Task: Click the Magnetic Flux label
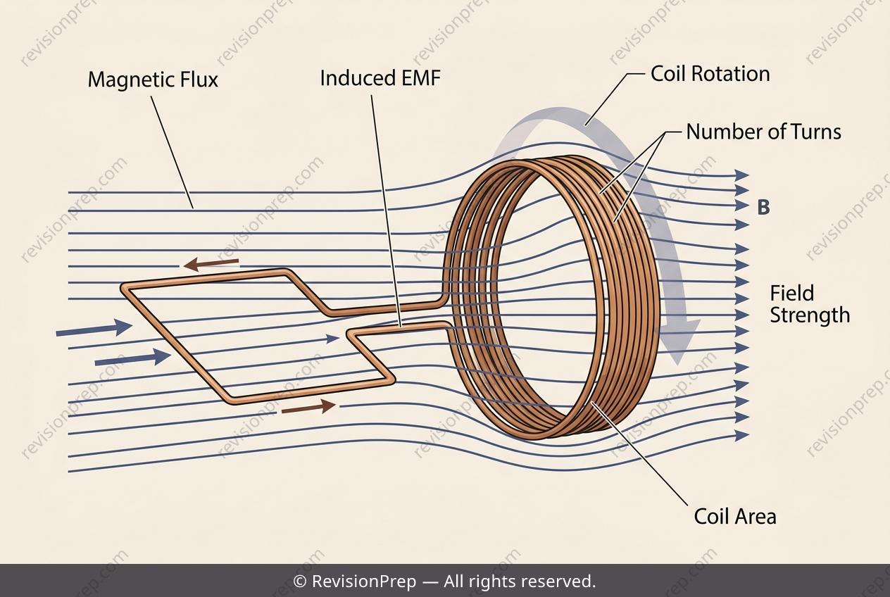pyautogui.click(x=153, y=80)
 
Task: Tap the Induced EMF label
pyautogui.click(x=380, y=78)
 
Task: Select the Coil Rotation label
pyautogui.click(x=710, y=74)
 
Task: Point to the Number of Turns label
pyautogui.click(x=764, y=132)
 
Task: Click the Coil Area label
pyautogui.click(x=735, y=517)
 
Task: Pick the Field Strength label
pyautogui.click(x=810, y=304)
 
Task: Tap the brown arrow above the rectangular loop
pyautogui.click(x=211, y=263)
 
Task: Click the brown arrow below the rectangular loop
pyautogui.click(x=308, y=407)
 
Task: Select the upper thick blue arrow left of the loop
pyautogui.click(x=94, y=329)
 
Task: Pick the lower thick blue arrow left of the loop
pyautogui.click(x=132, y=358)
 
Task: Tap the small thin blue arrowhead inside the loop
pyautogui.click(x=333, y=339)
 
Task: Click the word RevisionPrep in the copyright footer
pyautogui.click(x=364, y=582)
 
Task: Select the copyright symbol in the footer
pyautogui.click(x=300, y=582)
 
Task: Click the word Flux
pyautogui.click(x=199, y=80)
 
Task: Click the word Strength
pyautogui.click(x=810, y=316)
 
